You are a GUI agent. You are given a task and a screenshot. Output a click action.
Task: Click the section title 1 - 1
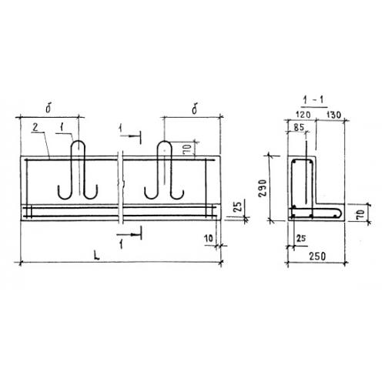(314, 100)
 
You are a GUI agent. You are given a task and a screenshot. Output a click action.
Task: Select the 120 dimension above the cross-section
(303, 115)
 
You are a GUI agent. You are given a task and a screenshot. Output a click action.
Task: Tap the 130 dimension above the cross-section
(333, 115)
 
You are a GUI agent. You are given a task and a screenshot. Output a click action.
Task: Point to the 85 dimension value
(299, 127)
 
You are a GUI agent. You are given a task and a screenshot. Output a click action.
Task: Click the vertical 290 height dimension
(263, 188)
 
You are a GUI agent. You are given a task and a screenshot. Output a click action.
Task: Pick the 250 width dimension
(317, 256)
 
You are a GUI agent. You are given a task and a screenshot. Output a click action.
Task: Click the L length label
(96, 256)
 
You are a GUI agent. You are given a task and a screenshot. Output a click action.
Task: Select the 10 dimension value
(209, 239)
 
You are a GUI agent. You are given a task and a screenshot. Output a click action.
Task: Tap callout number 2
(35, 127)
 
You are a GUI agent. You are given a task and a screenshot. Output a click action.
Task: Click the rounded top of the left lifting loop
(78, 142)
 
